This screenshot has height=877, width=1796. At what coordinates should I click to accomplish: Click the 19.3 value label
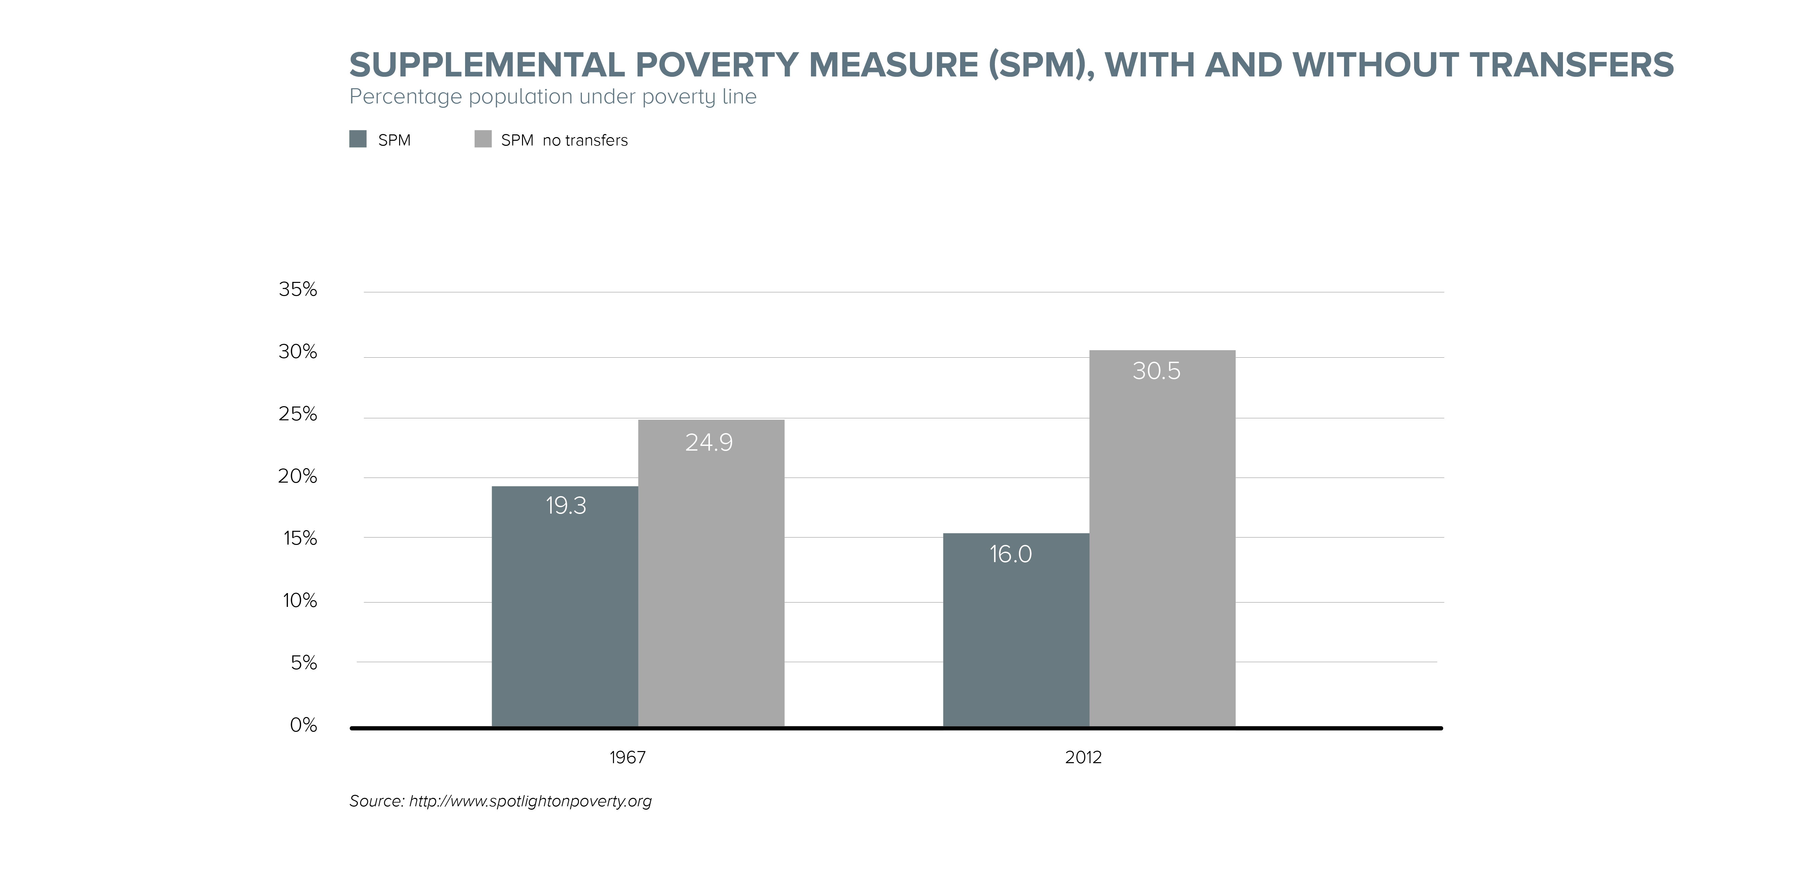pos(565,506)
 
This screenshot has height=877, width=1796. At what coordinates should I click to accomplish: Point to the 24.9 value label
pos(709,443)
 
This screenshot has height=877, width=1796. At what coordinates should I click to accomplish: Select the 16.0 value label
pos(1010,554)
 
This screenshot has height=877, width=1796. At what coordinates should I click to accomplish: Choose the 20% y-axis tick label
pos(298,476)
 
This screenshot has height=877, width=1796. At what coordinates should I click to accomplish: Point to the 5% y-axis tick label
pos(304,662)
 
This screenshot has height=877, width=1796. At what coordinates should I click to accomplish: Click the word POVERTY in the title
pos(716,65)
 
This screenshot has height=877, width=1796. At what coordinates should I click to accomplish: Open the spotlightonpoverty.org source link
pos(530,801)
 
